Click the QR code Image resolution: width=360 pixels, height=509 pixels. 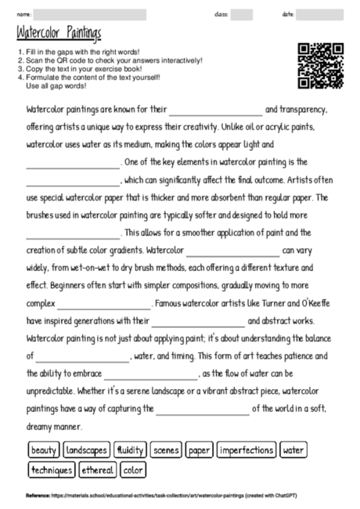pyautogui.click(x=321, y=67)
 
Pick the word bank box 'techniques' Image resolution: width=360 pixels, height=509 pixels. pyautogui.click(x=52, y=470)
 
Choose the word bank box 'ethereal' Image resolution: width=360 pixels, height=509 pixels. pyautogui.click(x=97, y=470)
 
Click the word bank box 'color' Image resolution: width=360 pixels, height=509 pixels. pyautogui.click(x=133, y=470)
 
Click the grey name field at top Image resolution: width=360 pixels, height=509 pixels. pyautogui.click(x=90, y=14)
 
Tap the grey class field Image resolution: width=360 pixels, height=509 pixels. pyautogui.click(x=242, y=14)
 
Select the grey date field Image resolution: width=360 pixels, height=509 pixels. pyautogui.click(x=319, y=14)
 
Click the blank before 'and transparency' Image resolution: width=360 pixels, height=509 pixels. pyautogui.click(x=216, y=110)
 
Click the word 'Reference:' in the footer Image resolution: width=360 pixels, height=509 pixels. pyautogui.click(x=38, y=496)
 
